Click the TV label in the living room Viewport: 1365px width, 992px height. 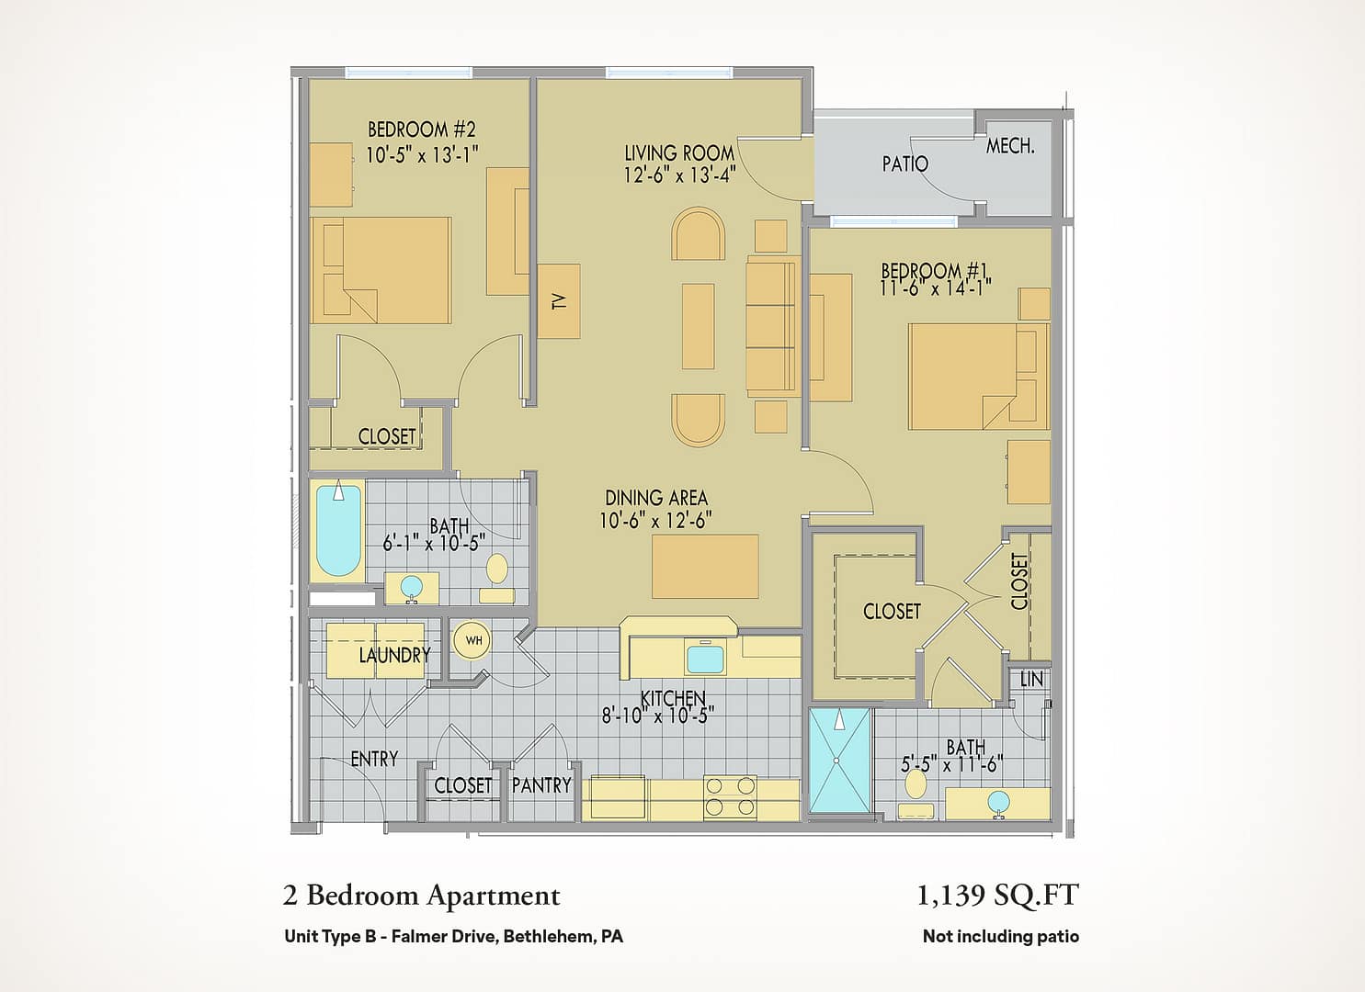click(559, 301)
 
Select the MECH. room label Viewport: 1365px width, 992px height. click(1010, 147)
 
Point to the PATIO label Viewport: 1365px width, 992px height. click(905, 163)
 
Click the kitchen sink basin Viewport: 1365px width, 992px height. click(706, 659)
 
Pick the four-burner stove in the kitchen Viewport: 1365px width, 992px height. click(730, 797)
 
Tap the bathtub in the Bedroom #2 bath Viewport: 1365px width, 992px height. click(339, 530)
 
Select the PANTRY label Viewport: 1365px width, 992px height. click(541, 785)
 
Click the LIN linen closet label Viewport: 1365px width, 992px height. click(1031, 679)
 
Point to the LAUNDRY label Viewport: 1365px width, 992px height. click(394, 655)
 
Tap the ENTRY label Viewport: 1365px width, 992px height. click(374, 759)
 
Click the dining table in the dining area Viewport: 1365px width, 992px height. click(705, 567)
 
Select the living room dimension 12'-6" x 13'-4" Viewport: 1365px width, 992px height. click(679, 175)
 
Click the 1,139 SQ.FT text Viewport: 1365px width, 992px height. click(998, 896)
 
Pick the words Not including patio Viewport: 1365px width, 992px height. click(1001, 936)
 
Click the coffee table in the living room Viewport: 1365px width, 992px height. click(698, 326)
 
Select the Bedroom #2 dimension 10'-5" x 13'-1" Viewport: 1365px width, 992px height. click(422, 154)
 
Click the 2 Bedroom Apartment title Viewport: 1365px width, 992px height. click(422, 896)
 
